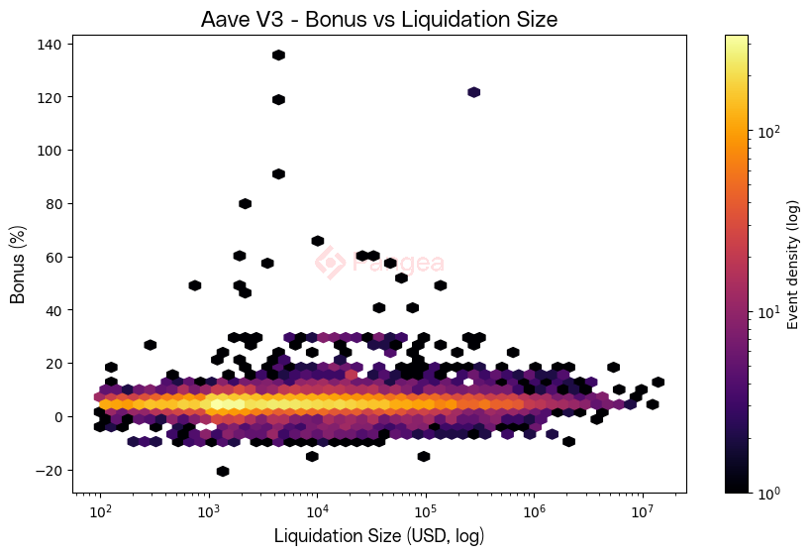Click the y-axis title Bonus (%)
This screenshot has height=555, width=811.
(18, 264)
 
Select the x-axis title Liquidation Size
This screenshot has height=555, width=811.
(378, 535)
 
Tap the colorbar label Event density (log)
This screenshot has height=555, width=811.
(792, 264)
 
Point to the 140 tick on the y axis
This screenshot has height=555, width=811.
(51, 45)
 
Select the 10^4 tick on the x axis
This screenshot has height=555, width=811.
(317, 512)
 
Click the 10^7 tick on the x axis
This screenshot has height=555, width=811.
(642, 512)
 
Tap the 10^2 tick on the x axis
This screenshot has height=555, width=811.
(100, 512)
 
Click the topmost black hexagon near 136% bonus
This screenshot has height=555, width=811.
(278, 55)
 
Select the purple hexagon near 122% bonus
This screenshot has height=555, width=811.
(473, 92)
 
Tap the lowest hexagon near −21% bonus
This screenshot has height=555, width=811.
(223, 471)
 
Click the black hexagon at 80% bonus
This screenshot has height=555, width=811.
(245, 204)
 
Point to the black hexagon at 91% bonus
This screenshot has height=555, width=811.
(278, 174)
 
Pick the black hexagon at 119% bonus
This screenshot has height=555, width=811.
(278, 100)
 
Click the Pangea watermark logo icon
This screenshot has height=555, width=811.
(330, 262)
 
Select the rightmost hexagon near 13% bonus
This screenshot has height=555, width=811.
(658, 383)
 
